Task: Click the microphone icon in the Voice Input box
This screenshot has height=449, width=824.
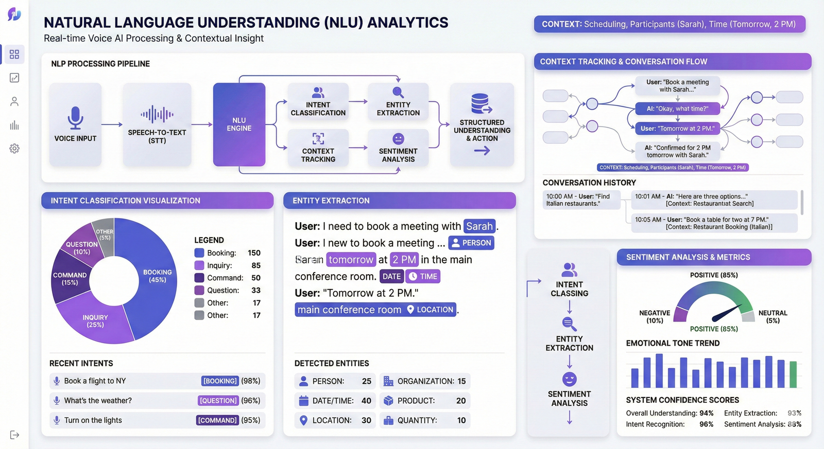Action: click(75, 117)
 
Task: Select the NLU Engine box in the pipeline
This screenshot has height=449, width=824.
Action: click(239, 124)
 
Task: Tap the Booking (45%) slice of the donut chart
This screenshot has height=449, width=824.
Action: click(157, 276)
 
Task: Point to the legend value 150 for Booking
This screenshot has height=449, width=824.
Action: click(254, 253)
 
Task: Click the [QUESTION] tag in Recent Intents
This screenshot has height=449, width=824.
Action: click(218, 401)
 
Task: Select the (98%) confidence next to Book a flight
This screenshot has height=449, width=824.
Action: click(251, 381)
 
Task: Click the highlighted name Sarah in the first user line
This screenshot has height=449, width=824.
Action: click(479, 226)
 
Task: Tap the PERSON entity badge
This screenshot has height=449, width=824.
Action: click(471, 243)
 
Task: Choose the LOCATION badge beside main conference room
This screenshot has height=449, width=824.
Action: click(431, 310)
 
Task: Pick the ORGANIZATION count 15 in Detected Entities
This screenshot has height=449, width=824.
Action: click(461, 381)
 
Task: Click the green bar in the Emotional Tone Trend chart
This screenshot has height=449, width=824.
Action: click(793, 374)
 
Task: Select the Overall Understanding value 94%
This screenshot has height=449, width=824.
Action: click(706, 413)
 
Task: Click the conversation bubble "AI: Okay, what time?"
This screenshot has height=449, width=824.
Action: click(677, 109)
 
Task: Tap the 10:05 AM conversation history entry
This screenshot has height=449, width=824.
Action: click(714, 223)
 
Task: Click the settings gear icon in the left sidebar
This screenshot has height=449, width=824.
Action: click(14, 149)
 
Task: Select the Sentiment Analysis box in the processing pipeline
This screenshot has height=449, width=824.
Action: click(398, 148)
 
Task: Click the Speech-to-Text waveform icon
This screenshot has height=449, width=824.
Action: click(157, 114)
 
